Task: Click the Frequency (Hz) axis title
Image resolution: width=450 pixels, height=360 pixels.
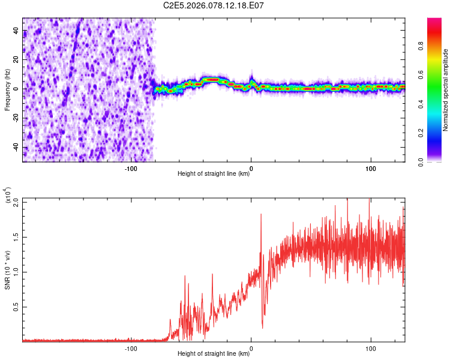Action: click(7, 89)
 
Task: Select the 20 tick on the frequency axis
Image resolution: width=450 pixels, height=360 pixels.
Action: click(16, 60)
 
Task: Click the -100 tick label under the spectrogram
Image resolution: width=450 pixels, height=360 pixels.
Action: click(131, 169)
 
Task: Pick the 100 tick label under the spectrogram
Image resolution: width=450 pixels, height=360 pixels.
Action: click(371, 169)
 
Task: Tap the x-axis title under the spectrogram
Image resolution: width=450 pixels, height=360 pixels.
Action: click(214, 175)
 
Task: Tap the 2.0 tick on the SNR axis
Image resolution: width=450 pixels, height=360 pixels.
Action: click(16, 202)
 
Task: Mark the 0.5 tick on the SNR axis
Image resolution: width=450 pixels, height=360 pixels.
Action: click(16, 307)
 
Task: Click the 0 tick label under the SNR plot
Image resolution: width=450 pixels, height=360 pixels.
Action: click(251, 349)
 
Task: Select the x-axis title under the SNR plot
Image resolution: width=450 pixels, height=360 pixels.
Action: click(214, 355)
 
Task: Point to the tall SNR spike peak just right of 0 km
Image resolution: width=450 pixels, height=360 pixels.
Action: click(261, 214)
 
